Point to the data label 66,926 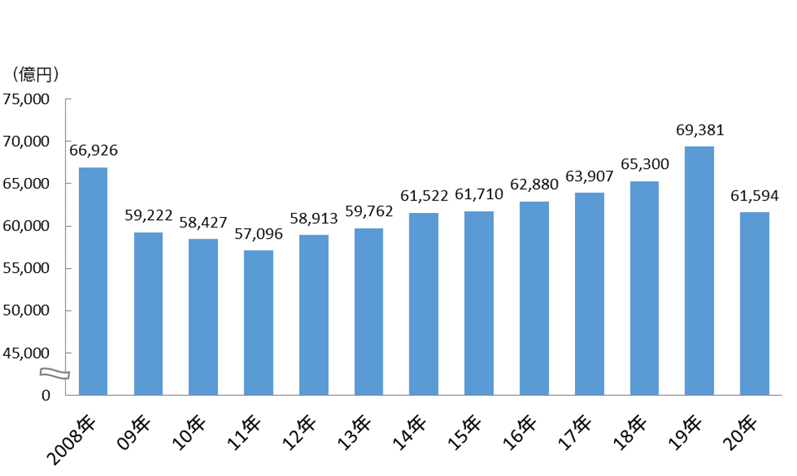click(x=93, y=150)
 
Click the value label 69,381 click(x=700, y=130)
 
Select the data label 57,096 click(x=258, y=234)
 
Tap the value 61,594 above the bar click(x=754, y=196)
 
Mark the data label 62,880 click(x=534, y=185)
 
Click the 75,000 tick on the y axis click(x=26, y=99)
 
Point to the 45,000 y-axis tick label click(x=26, y=353)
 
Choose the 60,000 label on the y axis click(x=26, y=226)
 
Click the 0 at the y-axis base click(x=45, y=395)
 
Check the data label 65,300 click(x=645, y=165)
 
